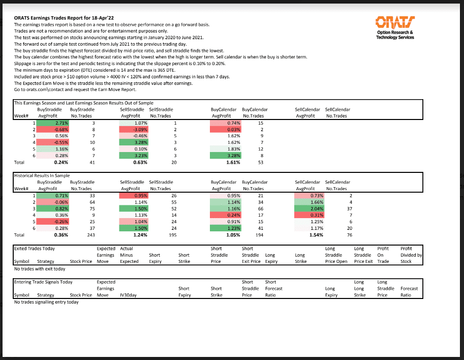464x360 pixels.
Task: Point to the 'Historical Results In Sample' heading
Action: tap(43, 175)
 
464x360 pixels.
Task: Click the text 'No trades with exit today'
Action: tap(40, 268)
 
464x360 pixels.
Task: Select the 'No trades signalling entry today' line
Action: tap(46, 302)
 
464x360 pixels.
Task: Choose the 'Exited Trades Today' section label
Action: tap(35, 249)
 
